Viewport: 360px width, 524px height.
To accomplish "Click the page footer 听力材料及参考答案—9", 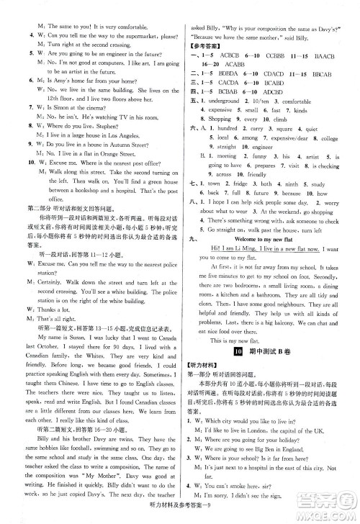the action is coord(180,513).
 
